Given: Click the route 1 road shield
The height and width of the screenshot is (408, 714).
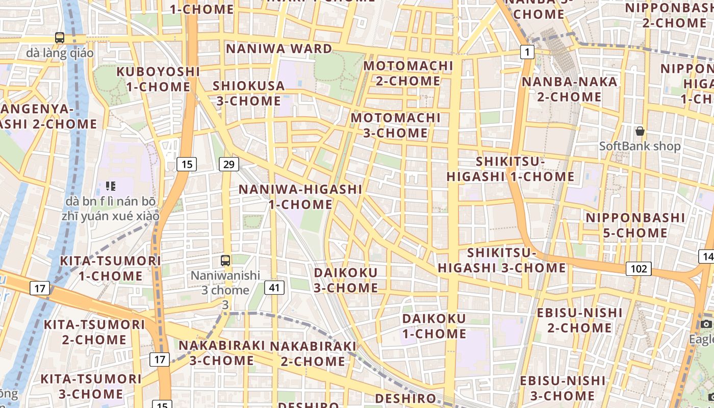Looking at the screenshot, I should (527, 52).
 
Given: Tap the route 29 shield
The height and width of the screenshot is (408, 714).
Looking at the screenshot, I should (229, 164).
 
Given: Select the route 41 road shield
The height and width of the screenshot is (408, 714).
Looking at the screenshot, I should (274, 288).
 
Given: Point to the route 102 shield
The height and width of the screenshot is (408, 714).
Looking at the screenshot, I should (639, 269).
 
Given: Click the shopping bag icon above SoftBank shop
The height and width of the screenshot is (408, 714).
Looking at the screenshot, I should (640, 132).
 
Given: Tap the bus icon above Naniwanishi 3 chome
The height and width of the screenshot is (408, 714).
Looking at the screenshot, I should (225, 260).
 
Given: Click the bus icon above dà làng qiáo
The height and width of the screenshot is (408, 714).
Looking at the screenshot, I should (60, 37).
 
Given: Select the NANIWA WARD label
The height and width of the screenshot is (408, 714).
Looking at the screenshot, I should (279, 48).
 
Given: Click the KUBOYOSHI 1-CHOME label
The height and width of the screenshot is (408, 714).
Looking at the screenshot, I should (158, 79).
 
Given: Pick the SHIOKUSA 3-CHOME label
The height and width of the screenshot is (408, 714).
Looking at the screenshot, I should (249, 93).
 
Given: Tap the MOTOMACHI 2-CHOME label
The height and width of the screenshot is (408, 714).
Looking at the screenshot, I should (408, 73).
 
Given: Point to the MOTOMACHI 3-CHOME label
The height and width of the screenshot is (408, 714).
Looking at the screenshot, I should (396, 125).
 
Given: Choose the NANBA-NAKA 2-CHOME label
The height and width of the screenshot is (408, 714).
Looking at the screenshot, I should (569, 89).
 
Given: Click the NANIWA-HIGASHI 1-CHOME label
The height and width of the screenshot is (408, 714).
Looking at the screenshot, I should (300, 196).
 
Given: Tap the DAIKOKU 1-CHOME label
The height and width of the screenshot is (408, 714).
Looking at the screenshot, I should (434, 326).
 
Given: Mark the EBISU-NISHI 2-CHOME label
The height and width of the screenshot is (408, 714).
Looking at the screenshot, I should (579, 320).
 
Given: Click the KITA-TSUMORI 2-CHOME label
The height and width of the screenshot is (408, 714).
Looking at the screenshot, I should (94, 332).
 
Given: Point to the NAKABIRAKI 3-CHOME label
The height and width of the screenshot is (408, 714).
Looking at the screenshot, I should (222, 352).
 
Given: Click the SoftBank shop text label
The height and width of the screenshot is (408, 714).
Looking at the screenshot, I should (640, 146).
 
